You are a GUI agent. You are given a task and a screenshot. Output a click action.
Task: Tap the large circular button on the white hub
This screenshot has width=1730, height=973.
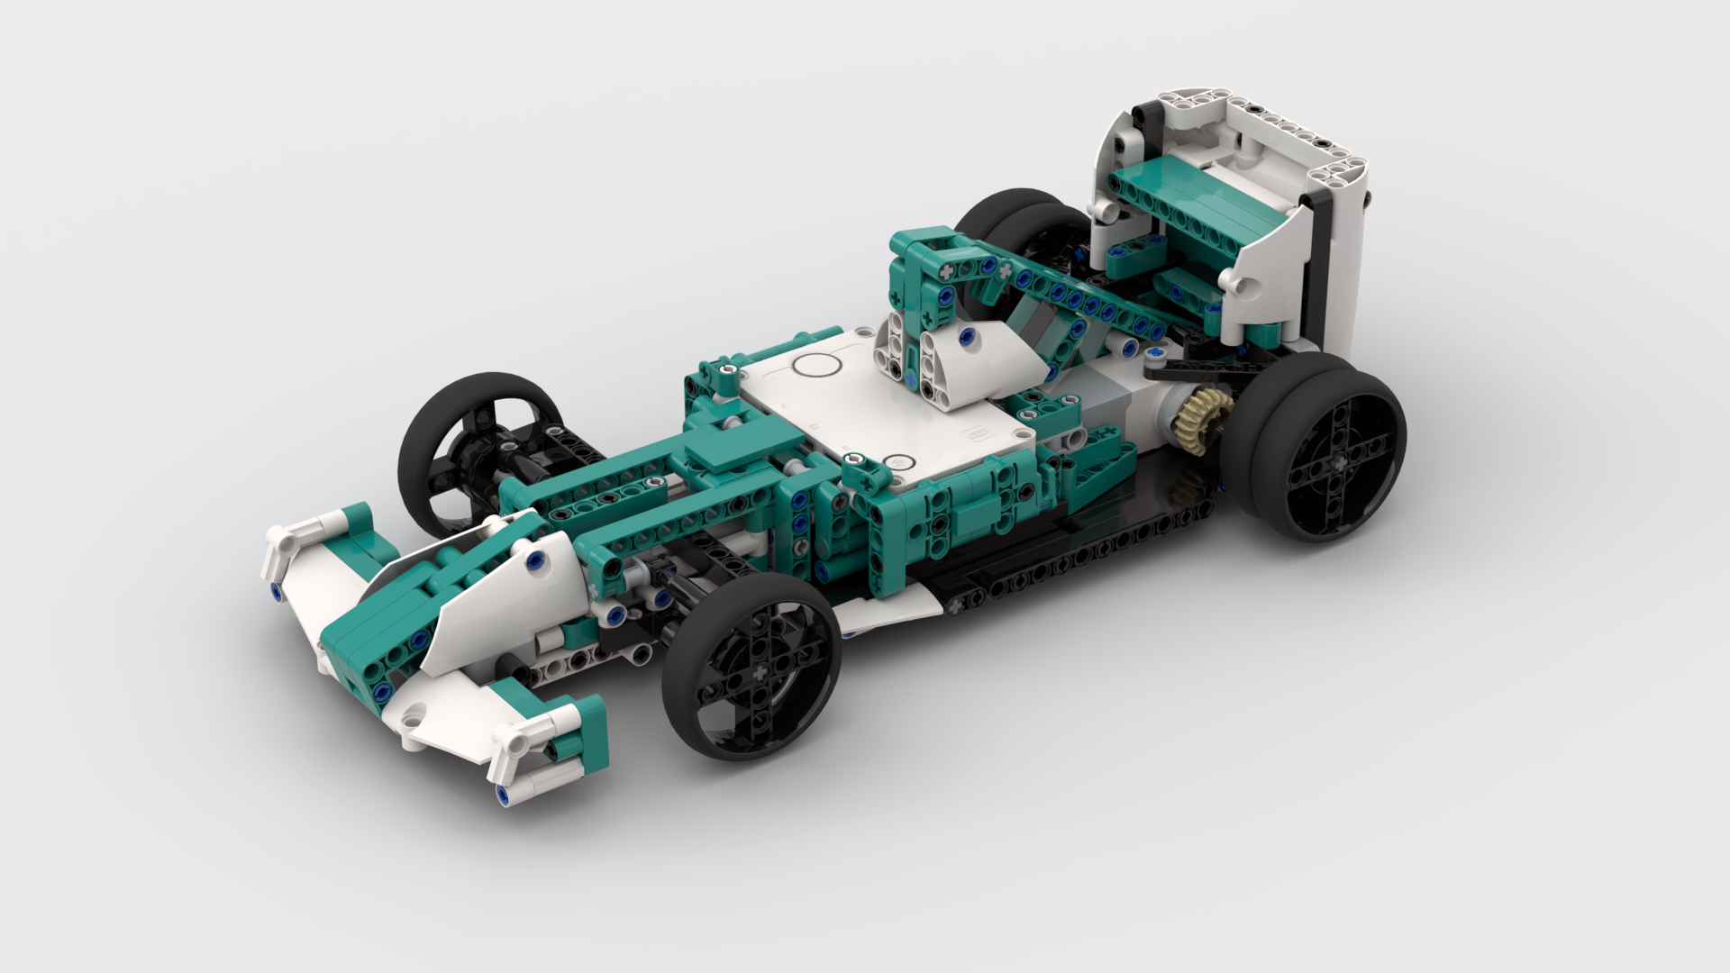(816, 367)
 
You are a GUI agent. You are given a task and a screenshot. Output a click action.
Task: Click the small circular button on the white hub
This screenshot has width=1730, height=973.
(896, 462)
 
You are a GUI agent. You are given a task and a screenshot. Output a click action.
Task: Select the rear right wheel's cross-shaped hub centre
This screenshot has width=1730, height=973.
(1336, 462)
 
